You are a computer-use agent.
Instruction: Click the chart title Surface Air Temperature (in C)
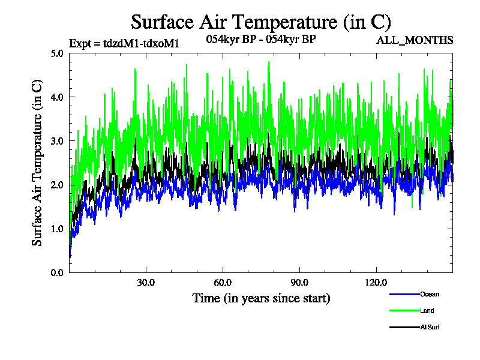pyautogui.click(x=261, y=22)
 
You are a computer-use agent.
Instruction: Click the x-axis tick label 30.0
pyautogui.click(x=146, y=283)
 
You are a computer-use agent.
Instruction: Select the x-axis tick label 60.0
pyautogui.click(x=223, y=283)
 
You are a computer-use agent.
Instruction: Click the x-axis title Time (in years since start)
pyautogui.click(x=261, y=298)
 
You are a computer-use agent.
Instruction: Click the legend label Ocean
pyautogui.click(x=429, y=294)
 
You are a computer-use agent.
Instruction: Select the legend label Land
pyautogui.click(x=427, y=311)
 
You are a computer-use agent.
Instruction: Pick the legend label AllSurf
pyautogui.click(x=430, y=327)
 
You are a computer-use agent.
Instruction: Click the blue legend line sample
pyautogui.click(x=404, y=294)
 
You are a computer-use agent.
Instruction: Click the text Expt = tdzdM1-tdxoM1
pyautogui.click(x=124, y=43)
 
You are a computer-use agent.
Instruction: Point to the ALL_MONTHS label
pyautogui.click(x=415, y=40)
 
